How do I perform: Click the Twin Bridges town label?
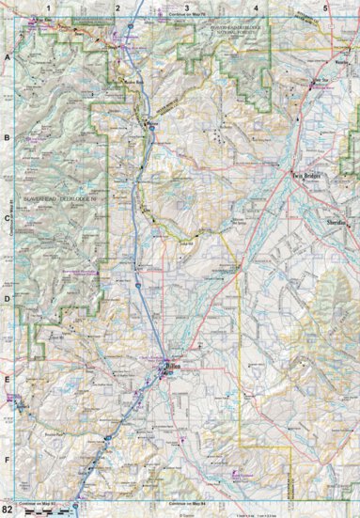pos(307,175)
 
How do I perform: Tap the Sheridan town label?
pos(336,219)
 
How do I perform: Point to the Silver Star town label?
pos(322,82)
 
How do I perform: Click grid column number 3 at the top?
pos(187,8)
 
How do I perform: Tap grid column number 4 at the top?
pos(256,8)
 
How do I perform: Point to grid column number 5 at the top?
pos(325,8)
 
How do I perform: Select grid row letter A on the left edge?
pos(8,56)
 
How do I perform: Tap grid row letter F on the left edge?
pos(8,462)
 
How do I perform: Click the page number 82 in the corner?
pos(8,510)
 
